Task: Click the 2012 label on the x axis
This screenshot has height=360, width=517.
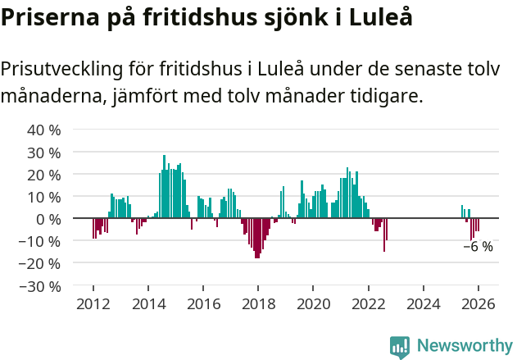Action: (93, 304)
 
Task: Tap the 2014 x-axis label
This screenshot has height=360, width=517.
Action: (148, 304)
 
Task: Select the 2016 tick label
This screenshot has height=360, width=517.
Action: (203, 304)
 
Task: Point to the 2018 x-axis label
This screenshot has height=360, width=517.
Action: (258, 304)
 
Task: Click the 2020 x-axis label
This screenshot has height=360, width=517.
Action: (313, 304)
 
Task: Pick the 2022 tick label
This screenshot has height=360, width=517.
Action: (368, 304)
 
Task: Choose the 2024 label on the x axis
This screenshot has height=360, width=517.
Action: (423, 304)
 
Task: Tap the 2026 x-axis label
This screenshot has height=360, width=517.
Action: (478, 304)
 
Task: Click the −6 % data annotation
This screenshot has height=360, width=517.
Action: (478, 247)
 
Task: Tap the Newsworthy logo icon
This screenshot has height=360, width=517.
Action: (400, 347)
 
